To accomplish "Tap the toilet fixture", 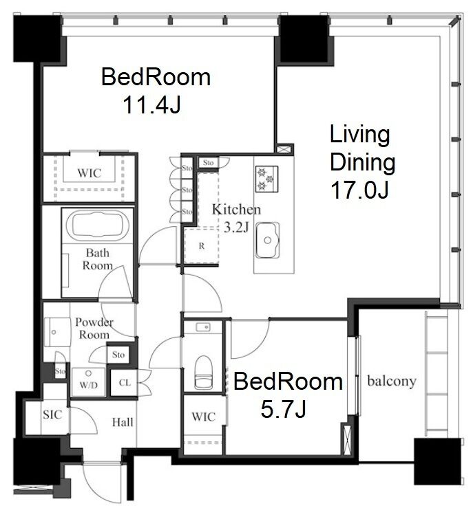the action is pyautogui.click(x=203, y=373).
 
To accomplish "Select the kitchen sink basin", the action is pyautogui.click(x=267, y=240).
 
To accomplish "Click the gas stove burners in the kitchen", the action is pyautogui.click(x=266, y=179).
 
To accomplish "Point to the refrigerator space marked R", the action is pyautogui.click(x=202, y=246).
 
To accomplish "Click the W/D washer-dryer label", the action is pyautogui.click(x=89, y=385).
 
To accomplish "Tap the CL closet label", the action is pyautogui.click(x=125, y=383).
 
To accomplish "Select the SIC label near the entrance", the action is pyautogui.click(x=52, y=415).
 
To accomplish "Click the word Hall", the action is pyautogui.click(x=123, y=422).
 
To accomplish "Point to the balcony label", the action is pyautogui.click(x=392, y=381).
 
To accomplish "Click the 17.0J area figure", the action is pyautogui.click(x=359, y=190).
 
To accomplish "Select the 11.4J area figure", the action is pyautogui.click(x=151, y=104).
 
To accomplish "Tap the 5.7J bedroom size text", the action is pyautogui.click(x=283, y=409).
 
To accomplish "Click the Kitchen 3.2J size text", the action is pyautogui.click(x=236, y=228).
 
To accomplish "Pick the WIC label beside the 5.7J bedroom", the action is pyautogui.click(x=203, y=417).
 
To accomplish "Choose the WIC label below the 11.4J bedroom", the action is pyautogui.click(x=90, y=173).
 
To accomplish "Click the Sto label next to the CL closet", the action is pyautogui.click(x=118, y=355).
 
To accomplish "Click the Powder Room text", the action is pyautogui.click(x=94, y=328).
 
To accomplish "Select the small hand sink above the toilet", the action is pyautogui.click(x=203, y=327).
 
